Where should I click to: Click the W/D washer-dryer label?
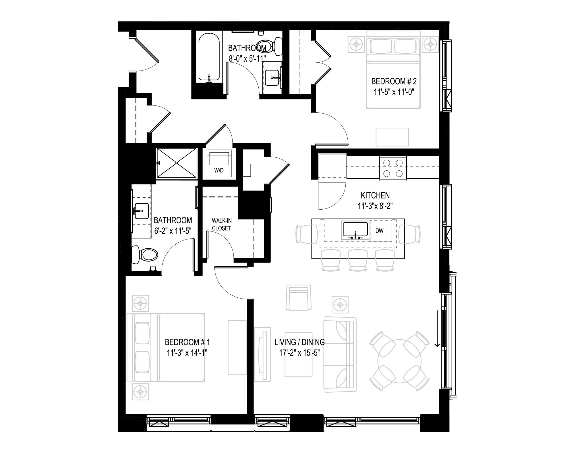tap(219, 170)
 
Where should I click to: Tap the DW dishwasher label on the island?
tap(379, 231)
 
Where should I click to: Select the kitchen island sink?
tap(355, 231)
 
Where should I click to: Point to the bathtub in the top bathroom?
tap(209, 58)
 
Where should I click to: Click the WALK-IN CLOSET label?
tap(221, 225)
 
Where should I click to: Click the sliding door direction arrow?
tap(437, 328)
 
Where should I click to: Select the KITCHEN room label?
tap(375, 195)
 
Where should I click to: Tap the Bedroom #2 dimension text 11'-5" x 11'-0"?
tap(395, 92)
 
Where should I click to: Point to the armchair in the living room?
tap(299, 297)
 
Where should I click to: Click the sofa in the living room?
tap(340, 354)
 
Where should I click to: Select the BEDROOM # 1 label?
tap(187, 342)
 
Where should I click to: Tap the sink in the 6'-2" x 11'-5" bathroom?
tap(142, 211)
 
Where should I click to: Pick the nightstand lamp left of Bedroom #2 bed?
tap(356, 44)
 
